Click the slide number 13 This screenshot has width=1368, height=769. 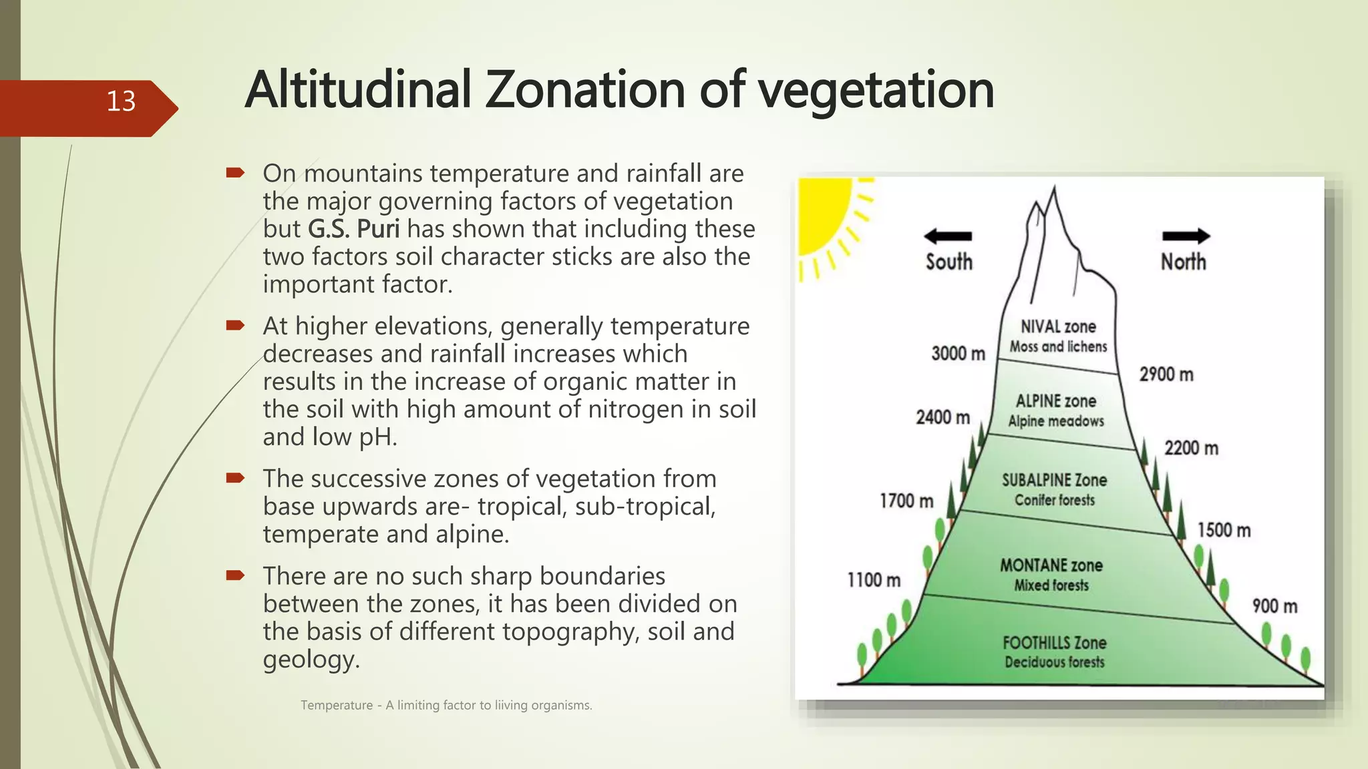tap(121, 101)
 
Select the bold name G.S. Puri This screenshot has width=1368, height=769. tap(353, 229)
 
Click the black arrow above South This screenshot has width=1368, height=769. tap(947, 236)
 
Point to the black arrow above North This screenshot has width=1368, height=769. tap(1186, 236)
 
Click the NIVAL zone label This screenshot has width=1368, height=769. tap(1058, 326)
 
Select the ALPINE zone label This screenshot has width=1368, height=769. tap(1056, 401)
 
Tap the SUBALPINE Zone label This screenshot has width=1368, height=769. tap(1054, 480)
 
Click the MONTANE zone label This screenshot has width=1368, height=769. tap(1051, 565)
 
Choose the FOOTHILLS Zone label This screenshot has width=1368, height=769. tap(1054, 643)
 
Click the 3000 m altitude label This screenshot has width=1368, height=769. tap(958, 354)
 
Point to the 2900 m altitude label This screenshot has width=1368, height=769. tap(1166, 374)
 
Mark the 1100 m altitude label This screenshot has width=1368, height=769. tap(874, 580)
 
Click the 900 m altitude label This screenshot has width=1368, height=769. tap(1274, 606)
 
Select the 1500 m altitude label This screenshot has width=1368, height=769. tap(1224, 531)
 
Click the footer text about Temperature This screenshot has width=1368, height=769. tap(446, 706)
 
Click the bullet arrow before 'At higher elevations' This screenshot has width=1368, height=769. tap(235, 326)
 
